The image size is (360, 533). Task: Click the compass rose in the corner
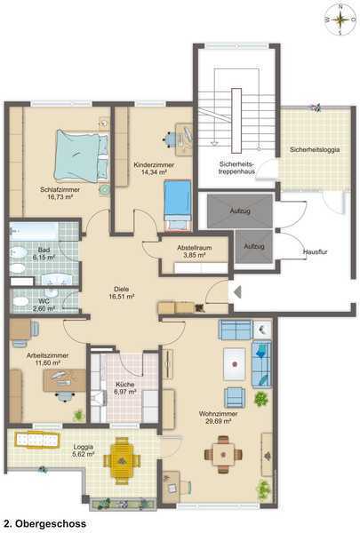[340, 20]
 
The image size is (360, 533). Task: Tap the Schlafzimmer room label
[60, 190]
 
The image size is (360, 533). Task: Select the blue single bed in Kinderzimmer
[177, 204]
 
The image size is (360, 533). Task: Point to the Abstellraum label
[195, 248]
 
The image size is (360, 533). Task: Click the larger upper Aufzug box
[240, 211]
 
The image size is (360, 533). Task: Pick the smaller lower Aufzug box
[254, 246]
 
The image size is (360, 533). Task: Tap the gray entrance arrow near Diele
[237, 292]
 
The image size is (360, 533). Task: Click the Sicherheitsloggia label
[315, 149]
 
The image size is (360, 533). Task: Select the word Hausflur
[315, 252]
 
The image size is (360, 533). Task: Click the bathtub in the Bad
[35, 232]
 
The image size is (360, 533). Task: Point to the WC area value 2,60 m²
[44, 308]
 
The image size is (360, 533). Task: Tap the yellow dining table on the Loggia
[122, 460]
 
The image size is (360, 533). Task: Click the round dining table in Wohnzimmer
[223, 455]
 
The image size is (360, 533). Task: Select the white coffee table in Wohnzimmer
[234, 364]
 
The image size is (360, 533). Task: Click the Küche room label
[125, 385]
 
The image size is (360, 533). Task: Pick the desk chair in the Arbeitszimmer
[65, 397]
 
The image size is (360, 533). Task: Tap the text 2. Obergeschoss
[45, 524]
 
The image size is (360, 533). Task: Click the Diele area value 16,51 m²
[122, 297]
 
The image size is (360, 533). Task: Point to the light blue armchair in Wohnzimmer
[235, 397]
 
